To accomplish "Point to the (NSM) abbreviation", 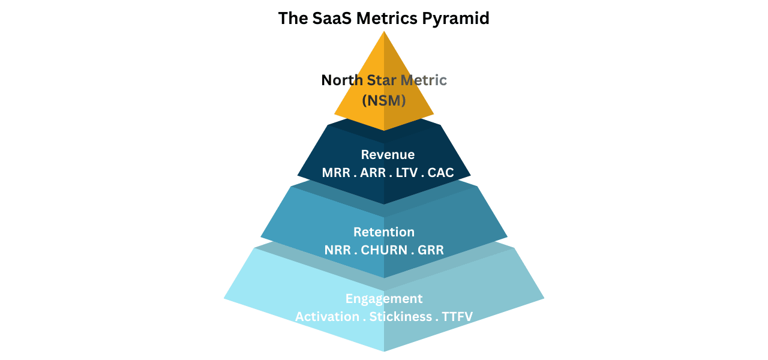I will tap(384, 100).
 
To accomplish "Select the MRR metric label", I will tap(335, 173).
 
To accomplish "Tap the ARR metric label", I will tap(373, 173).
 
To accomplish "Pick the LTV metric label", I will tap(409, 173).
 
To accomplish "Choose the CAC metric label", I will tap(441, 173).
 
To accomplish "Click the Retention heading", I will tap(384, 232).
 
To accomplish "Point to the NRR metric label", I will tap(338, 250).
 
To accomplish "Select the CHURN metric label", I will tap(382, 250).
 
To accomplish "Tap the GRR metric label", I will tap(431, 250).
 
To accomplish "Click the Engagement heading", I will tap(384, 298).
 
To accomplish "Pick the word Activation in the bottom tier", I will tap(326, 316).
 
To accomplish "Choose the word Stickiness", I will tap(400, 316).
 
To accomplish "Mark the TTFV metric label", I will tap(458, 316).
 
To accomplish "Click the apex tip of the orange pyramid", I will tap(384, 32).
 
